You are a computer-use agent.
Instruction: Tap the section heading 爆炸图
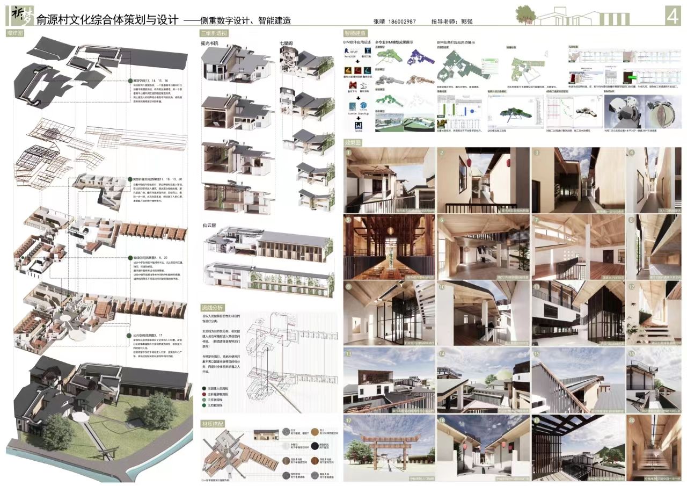click(14, 33)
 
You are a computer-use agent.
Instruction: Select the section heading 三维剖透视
click(214, 33)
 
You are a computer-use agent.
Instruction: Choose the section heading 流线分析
click(211, 308)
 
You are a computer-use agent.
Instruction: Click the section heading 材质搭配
click(213, 423)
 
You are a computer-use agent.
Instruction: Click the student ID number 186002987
click(400, 22)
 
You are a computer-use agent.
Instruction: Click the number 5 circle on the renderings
click(349, 220)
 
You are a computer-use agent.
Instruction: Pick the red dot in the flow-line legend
click(203, 394)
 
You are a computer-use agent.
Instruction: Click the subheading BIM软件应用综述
click(357, 42)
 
